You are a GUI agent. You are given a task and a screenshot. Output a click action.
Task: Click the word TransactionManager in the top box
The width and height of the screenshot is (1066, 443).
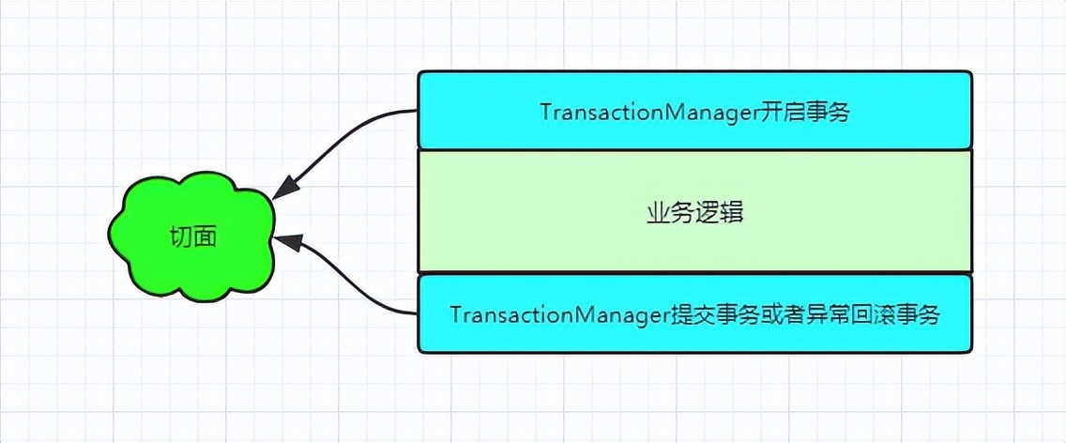pos(647,112)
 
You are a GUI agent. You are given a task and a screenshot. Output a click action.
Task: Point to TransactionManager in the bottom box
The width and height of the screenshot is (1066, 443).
pos(557,314)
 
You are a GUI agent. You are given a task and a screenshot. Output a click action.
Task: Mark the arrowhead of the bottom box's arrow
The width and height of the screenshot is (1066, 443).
pos(287,241)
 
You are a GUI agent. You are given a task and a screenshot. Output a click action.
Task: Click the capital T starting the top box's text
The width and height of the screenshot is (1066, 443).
pos(545,112)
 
